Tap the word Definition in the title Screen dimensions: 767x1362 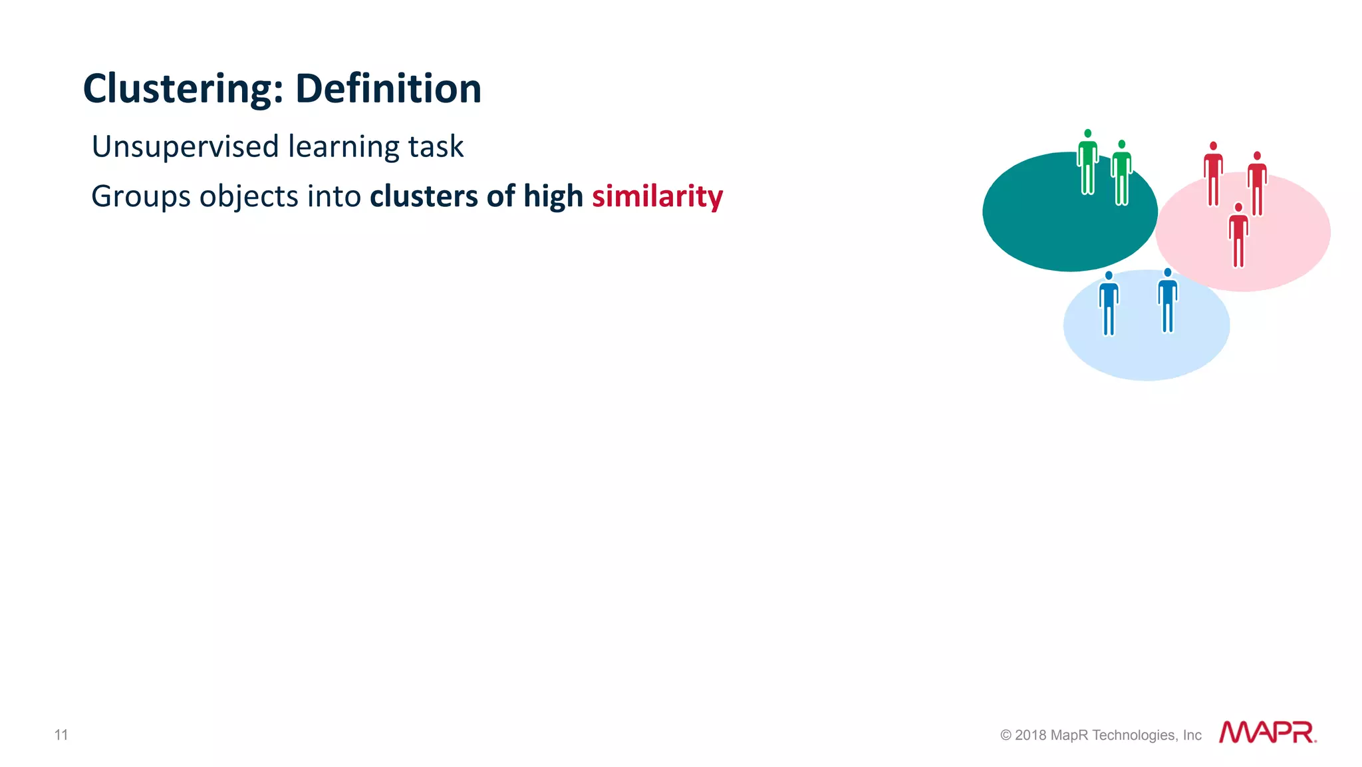tap(388, 89)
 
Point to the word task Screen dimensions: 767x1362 tap(436, 147)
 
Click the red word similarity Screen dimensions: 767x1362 tap(657, 196)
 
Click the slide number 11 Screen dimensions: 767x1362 tap(61, 734)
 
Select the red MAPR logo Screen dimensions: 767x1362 tap(1267, 732)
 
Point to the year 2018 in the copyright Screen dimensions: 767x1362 tap(1030, 735)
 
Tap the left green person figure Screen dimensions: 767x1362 tap(1087, 163)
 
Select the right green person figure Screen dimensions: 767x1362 tap(1122, 173)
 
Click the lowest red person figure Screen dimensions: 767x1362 tap(1238, 236)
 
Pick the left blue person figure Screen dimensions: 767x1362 tap(1109, 304)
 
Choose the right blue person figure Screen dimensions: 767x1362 tap(1168, 301)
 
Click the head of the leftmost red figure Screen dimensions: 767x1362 tap(1213, 146)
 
